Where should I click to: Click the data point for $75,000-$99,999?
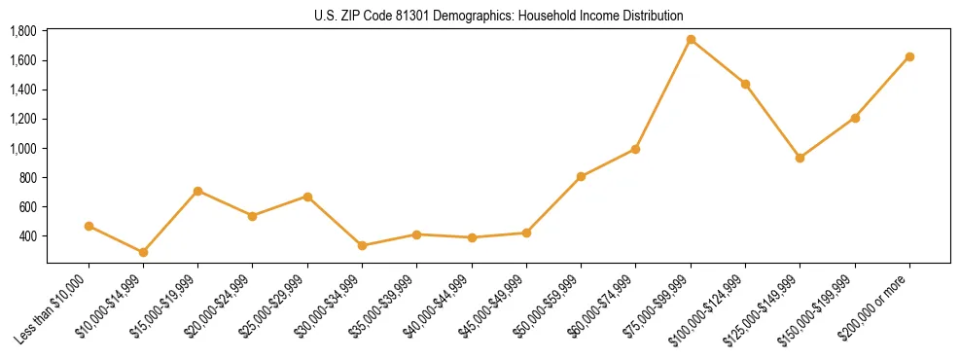691,40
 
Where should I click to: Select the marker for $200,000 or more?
909,56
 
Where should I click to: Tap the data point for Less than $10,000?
89,226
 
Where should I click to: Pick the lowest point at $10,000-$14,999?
143,252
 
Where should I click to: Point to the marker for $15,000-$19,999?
198,191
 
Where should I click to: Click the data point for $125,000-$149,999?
800,158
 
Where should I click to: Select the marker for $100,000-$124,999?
745,84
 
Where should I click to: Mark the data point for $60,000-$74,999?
635,149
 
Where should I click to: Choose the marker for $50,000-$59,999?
581,176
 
